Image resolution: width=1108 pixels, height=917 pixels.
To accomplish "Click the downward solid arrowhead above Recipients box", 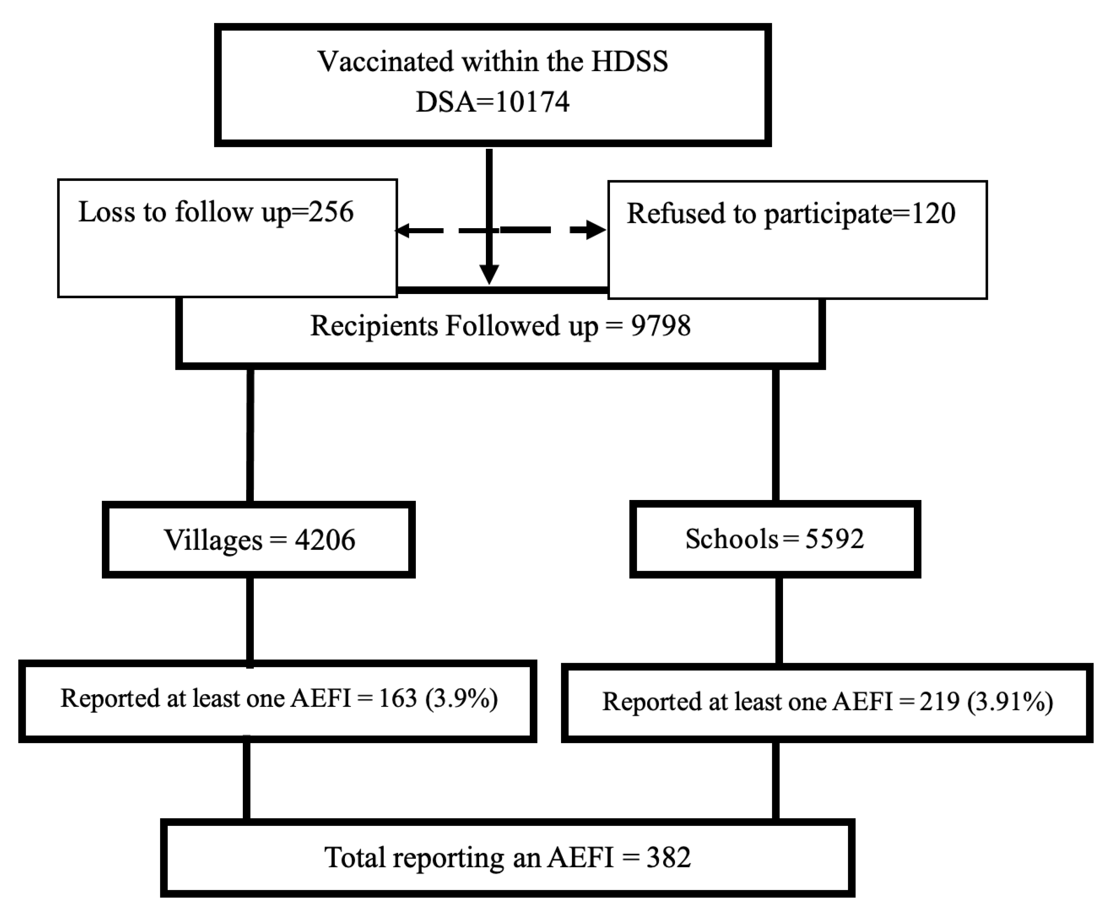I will coord(489,274).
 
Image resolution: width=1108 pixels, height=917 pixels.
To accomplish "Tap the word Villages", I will coord(213,540).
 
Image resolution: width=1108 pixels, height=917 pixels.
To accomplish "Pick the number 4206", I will coord(325,540).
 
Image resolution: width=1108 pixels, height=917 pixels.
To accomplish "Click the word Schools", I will coord(731,539).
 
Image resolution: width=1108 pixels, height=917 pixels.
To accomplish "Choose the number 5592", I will coord(834,539).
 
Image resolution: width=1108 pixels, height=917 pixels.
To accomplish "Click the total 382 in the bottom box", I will coord(669,857).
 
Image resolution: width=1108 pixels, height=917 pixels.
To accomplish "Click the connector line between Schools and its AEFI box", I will coord(778,620).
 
